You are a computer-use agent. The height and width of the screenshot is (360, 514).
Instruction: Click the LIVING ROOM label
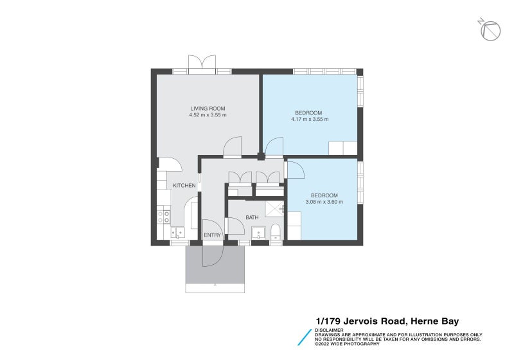(208, 108)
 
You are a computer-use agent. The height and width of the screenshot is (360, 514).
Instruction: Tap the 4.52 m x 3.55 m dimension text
(208, 115)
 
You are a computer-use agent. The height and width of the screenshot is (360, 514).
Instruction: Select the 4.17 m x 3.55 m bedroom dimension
(309, 120)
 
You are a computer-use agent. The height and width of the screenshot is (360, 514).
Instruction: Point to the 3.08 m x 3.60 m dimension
(324, 202)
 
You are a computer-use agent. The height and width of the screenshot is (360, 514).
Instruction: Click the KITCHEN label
(184, 186)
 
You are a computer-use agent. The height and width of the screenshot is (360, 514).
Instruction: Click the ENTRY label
(212, 235)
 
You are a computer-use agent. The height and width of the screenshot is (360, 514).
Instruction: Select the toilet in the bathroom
(276, 232)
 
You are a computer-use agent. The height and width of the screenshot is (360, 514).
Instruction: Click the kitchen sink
(177, 233)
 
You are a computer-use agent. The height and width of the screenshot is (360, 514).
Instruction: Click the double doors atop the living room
(202, 63)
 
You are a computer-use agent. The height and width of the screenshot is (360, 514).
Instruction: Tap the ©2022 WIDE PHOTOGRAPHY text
(347, 344)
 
